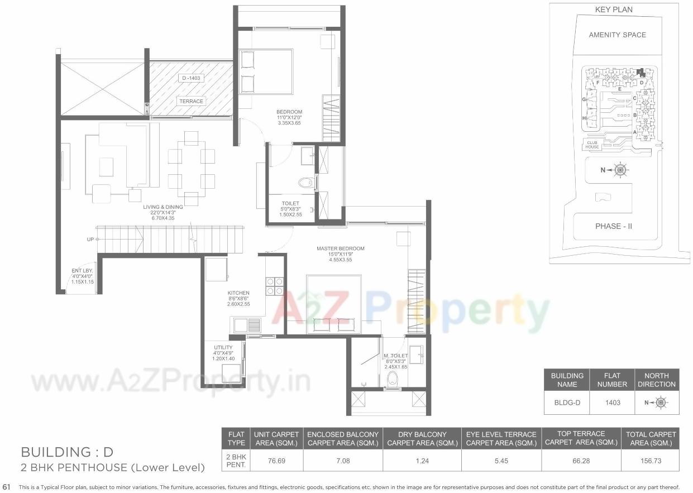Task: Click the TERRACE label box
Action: [191, 101]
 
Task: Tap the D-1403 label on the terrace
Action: [191, 78]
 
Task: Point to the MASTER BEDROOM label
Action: [340, 252]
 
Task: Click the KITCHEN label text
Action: [238, 296]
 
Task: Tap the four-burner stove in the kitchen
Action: [274, 286]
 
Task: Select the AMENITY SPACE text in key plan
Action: [617, 35]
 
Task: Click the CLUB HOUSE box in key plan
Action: [592, 144]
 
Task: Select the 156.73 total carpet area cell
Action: [651, 462]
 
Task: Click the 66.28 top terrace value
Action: [581, 462]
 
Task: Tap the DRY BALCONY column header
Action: [422, 438]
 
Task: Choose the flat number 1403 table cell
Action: [612, 402]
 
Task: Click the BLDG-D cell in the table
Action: [567, 402]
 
